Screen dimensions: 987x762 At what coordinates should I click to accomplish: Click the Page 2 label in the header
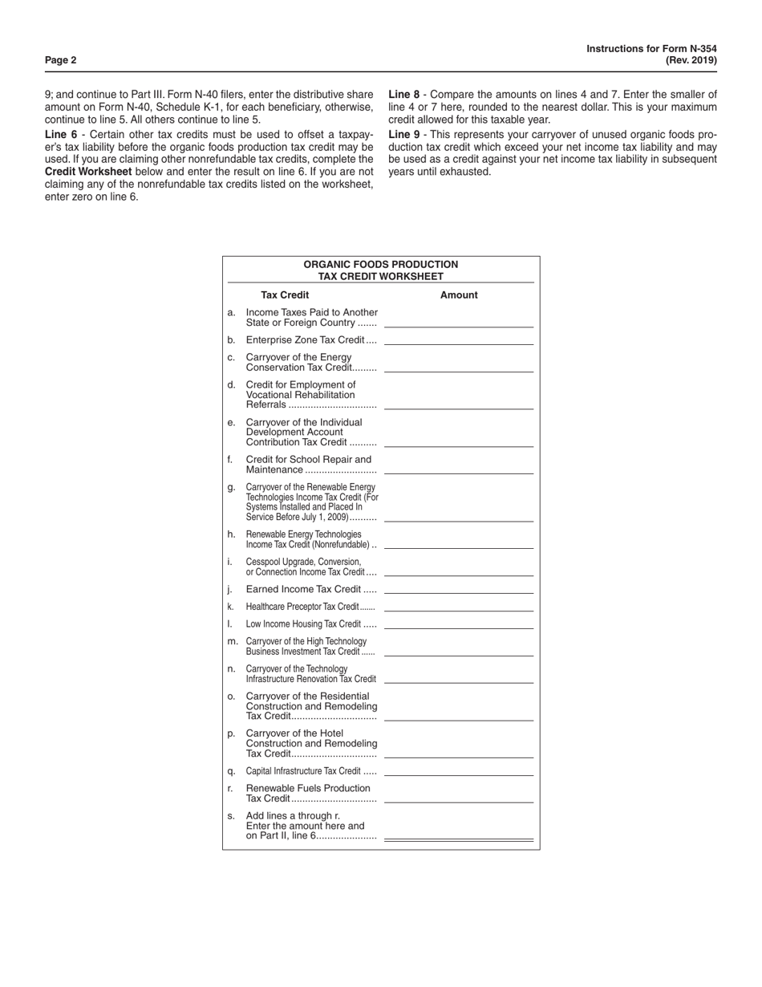pos(61,60)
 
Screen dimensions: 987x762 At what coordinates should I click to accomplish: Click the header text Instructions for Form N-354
pos(651,49)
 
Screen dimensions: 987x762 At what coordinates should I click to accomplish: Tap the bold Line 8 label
pos(404,95)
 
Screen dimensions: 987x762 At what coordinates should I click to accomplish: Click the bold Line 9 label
pos(404,135)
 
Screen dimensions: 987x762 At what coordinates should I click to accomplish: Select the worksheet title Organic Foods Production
pos(381,265)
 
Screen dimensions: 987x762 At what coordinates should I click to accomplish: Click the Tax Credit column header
pos(285,295)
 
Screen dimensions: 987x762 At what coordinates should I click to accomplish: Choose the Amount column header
pos(459,295)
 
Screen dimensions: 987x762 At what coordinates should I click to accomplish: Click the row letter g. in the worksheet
pos(232,487)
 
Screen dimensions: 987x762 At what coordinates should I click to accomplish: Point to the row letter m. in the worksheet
pos(233,641)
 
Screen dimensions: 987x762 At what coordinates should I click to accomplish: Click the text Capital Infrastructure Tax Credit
pos(302,771)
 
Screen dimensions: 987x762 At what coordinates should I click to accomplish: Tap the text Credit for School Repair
pos(309,460)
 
